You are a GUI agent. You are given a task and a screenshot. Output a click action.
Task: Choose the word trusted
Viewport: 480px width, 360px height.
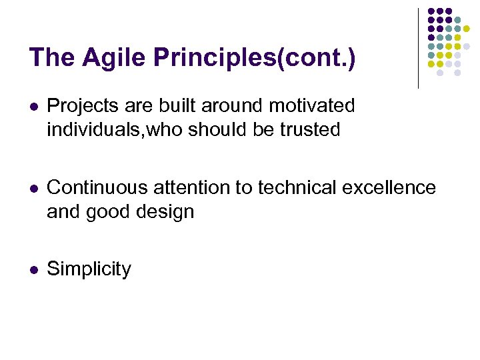point(310,129)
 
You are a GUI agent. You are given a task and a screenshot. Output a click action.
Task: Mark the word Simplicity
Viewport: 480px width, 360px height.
point(89,270)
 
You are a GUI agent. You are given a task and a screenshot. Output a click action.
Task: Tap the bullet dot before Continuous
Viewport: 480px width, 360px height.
point(33,189)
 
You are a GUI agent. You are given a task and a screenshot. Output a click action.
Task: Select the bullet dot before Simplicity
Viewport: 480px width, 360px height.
point(33,270)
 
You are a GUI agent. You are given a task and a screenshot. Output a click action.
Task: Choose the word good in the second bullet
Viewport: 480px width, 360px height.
point(106,212)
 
